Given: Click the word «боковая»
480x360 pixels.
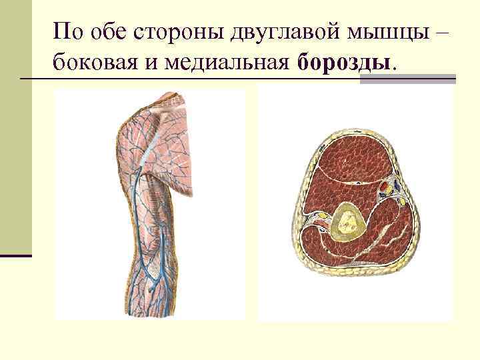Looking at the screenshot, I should pos(93,63).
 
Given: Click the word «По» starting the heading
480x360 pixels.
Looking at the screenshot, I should pos(67,31).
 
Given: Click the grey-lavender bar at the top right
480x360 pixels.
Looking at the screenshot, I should pos(407,79).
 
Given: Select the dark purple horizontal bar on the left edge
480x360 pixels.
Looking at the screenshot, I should pos(16,255).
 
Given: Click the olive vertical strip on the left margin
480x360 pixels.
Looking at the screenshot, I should pos(15,133).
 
